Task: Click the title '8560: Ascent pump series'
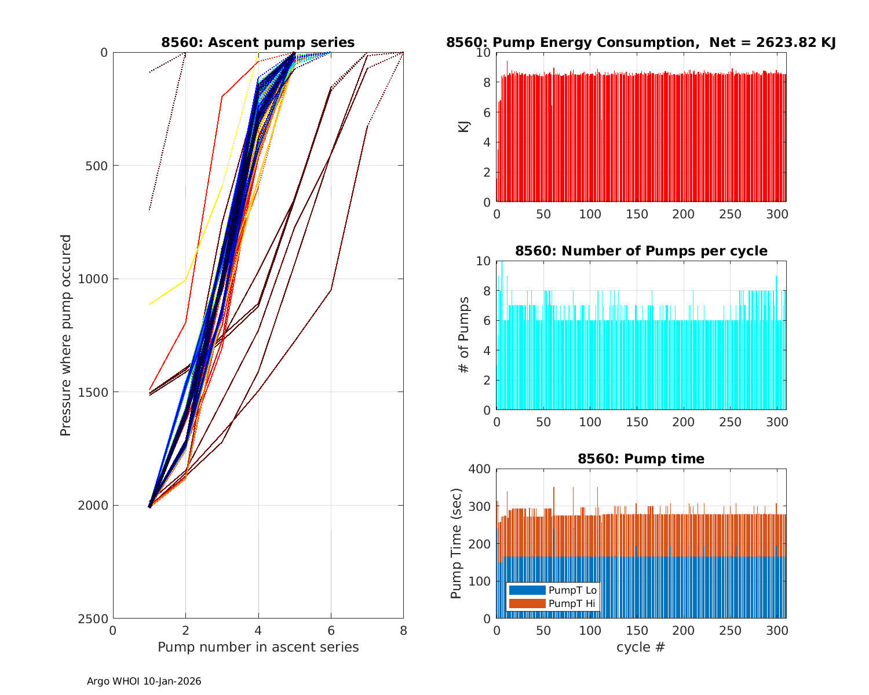(258, 42)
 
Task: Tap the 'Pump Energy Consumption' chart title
(641, 42)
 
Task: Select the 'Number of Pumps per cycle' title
(641, 251)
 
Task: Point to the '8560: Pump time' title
(641, 459)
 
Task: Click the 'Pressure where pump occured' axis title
(66, 335)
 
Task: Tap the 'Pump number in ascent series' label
(258, 647)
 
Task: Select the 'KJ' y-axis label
(463, 127)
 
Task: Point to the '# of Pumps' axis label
(463, 335)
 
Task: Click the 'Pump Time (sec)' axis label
(457, 543)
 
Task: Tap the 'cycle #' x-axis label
(641, 647)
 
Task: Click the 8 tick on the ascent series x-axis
(403, 630)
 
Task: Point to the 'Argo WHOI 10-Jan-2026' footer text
(144, 681)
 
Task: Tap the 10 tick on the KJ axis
(484, 53)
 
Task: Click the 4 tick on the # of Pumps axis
(487, 350)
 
